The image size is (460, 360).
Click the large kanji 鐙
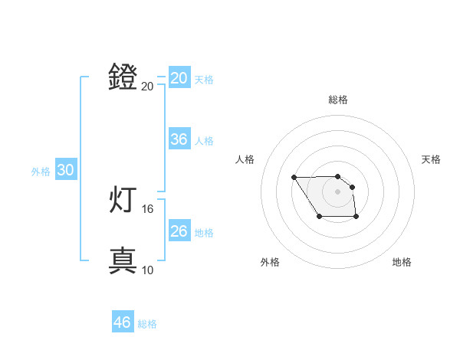click(x=123, y=77)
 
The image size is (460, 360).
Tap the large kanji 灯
click(x=123, y=200)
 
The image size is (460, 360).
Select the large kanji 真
click(x=123, y=260)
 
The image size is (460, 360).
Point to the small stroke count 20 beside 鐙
click(x=147, y=86)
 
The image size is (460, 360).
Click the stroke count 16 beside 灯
click(x=147, y=208)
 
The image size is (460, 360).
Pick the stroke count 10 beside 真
click(x=147, y=270)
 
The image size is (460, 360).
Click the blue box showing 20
click(x=179, y=78)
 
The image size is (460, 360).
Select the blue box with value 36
click(x=179, y=139)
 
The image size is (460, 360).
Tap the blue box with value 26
click(x=179, y=231)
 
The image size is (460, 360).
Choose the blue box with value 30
click(x=65, y=171)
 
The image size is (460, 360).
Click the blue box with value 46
click(x=122, y=322)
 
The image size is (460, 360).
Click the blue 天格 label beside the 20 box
click(x=204, y=79)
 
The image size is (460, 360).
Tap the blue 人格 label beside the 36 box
click(x=204, y=141)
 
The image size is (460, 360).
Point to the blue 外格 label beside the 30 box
click(x=41, y=172)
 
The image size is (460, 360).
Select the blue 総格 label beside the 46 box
click(x=147, y=324)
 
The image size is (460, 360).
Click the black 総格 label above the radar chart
click(x=337, y=100)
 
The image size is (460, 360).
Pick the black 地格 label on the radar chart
click(x=402, y=262)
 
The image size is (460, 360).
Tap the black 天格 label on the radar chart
click(x=431, y=159)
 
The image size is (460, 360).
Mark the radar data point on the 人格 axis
click(x=294, y=178)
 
